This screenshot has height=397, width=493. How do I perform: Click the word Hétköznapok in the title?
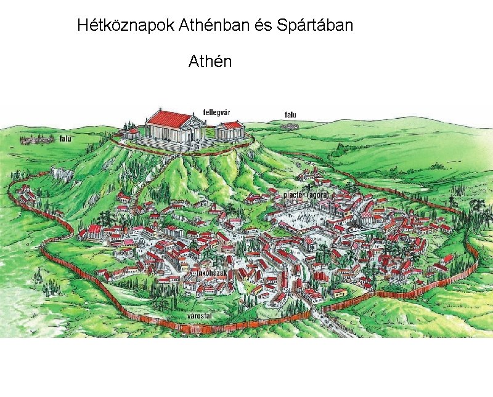[x=126, y=26]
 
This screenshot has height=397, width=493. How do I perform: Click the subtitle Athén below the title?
[x=210, y=62]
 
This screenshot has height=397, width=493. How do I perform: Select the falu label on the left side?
[x=65, y=139]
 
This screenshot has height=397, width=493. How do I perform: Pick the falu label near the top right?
[x=290, y=114]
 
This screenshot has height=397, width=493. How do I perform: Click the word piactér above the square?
[x=294, y=195]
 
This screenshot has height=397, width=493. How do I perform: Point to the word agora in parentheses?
[x=320, y=195]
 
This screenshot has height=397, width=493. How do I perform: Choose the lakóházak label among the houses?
[x=210, y=272]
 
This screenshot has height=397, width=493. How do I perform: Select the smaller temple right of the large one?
[x=231, y=130]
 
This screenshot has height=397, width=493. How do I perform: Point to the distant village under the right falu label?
[x=290, y=126]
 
